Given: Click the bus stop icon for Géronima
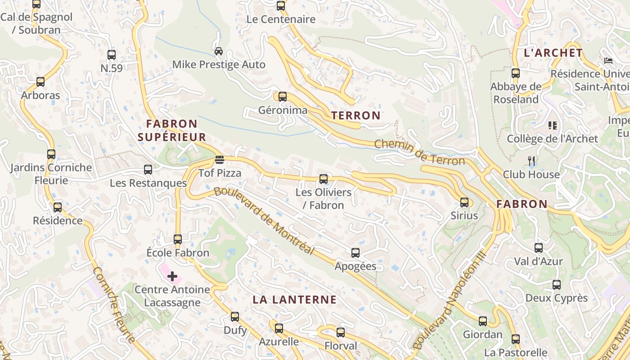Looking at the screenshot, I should point(282,97).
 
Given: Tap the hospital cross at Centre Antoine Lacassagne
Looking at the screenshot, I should point(172,276).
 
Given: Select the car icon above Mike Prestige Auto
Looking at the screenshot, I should point(219,51).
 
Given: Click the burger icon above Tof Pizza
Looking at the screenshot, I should point(220,160).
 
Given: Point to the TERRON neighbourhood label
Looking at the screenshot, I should point(356,116).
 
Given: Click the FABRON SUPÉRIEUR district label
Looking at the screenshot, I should point(172,130).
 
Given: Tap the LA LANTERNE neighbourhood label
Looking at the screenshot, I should point(294,300).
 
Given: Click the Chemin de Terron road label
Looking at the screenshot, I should point(419,152).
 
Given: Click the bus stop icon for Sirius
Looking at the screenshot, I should point(464,202).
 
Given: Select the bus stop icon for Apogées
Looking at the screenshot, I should point(355,253).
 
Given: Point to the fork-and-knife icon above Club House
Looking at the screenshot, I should point(531,161).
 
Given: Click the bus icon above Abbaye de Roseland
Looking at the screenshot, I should point(515,73).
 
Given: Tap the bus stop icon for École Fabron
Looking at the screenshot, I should point(178,239).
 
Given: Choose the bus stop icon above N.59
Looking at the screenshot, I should point(111,55).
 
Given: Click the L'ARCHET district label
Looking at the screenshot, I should point(553,53).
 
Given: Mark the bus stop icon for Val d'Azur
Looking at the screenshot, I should point(538,247).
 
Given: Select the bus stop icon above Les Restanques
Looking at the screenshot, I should point(148,170).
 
